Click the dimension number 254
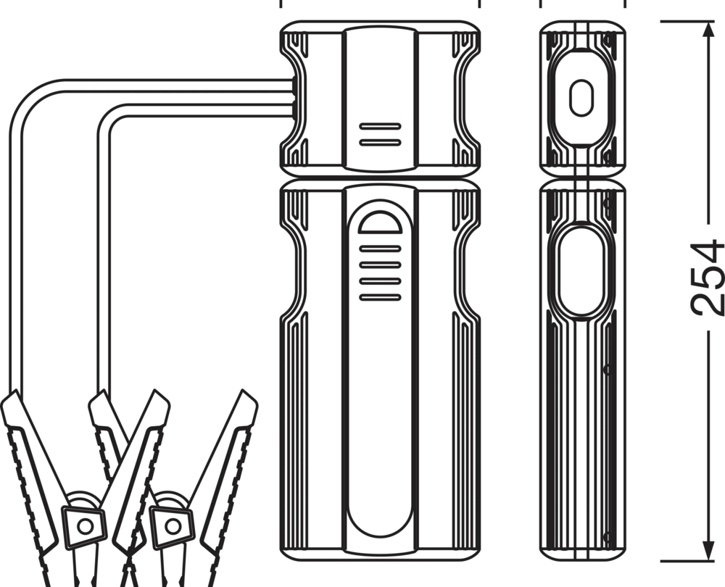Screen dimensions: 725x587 708,278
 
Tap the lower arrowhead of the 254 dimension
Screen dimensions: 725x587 708,550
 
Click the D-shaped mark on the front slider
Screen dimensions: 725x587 380,222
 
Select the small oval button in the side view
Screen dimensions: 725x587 581,98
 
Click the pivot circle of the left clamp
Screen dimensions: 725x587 85,526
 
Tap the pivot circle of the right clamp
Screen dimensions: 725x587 173,526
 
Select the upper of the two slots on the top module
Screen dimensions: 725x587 380,126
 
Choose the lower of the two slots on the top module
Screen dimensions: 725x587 380,142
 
